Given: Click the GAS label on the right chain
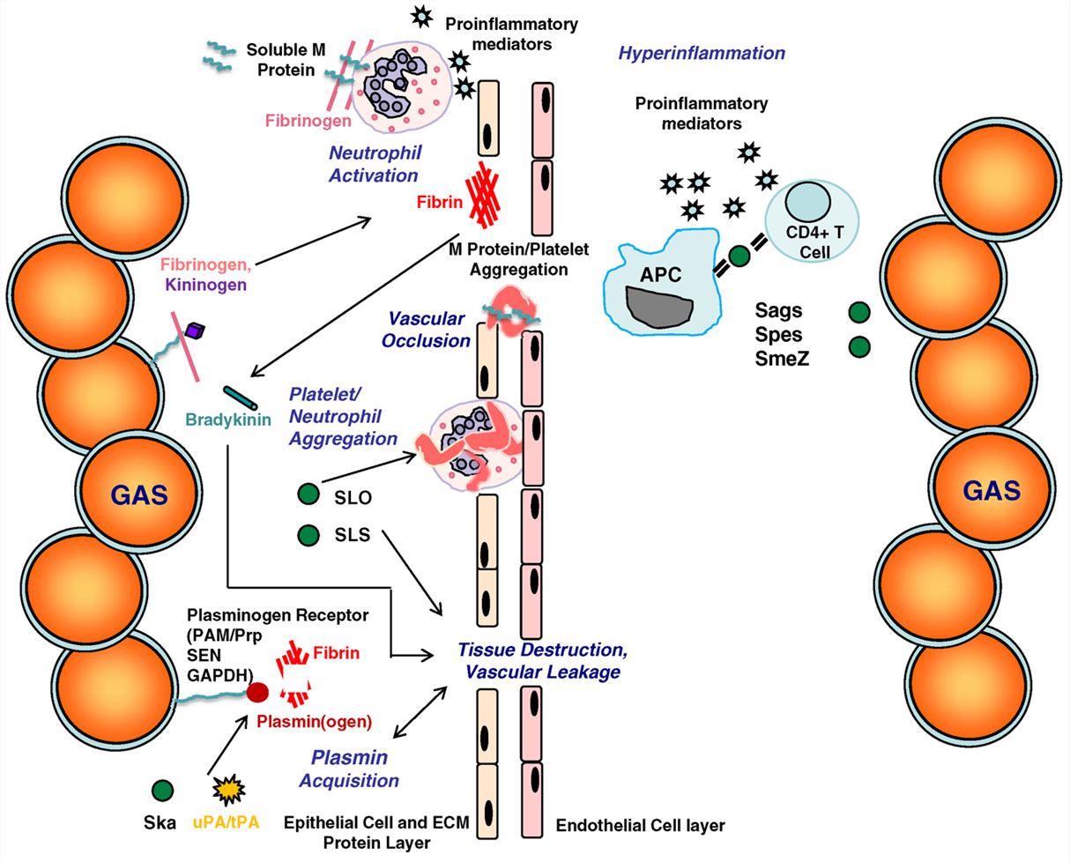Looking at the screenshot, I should tap(992, 490).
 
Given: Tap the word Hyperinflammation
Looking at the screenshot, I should tap(701, 53).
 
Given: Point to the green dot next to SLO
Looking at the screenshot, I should tap(308, 496).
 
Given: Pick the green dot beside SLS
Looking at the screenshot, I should tap(308, 534).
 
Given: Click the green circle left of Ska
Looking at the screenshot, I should tap(162, 791).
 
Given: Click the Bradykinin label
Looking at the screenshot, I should tap(228, 420).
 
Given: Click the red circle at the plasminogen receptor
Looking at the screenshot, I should tap(256, 692).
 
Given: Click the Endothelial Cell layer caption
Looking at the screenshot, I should tap(641, 826).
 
